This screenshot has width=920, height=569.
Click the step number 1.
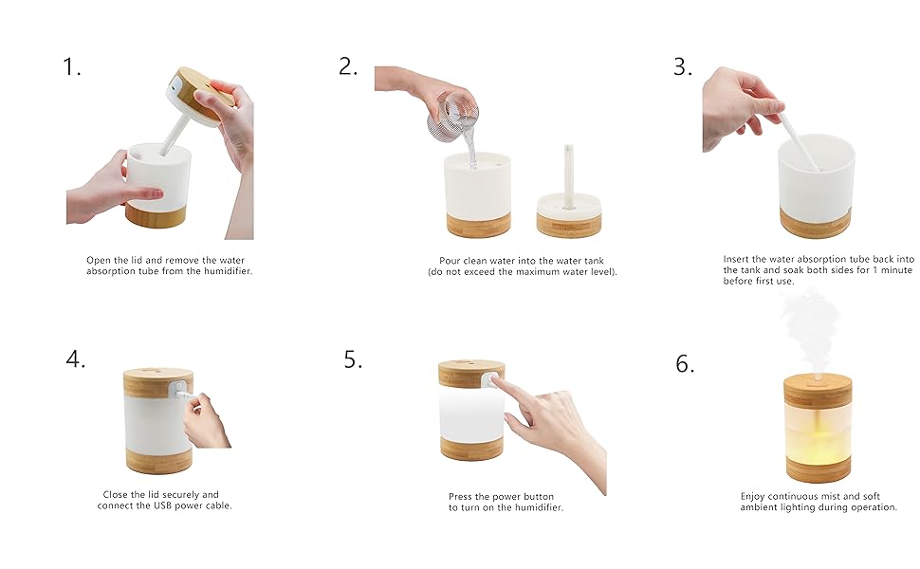point(72,67)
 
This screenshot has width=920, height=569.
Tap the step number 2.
point(348,66)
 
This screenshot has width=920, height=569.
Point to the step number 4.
point(76,359)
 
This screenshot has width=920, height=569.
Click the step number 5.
point(353,359)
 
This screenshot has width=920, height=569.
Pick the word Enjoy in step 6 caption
point(755,495)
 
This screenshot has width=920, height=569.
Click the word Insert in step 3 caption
point(738,259)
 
